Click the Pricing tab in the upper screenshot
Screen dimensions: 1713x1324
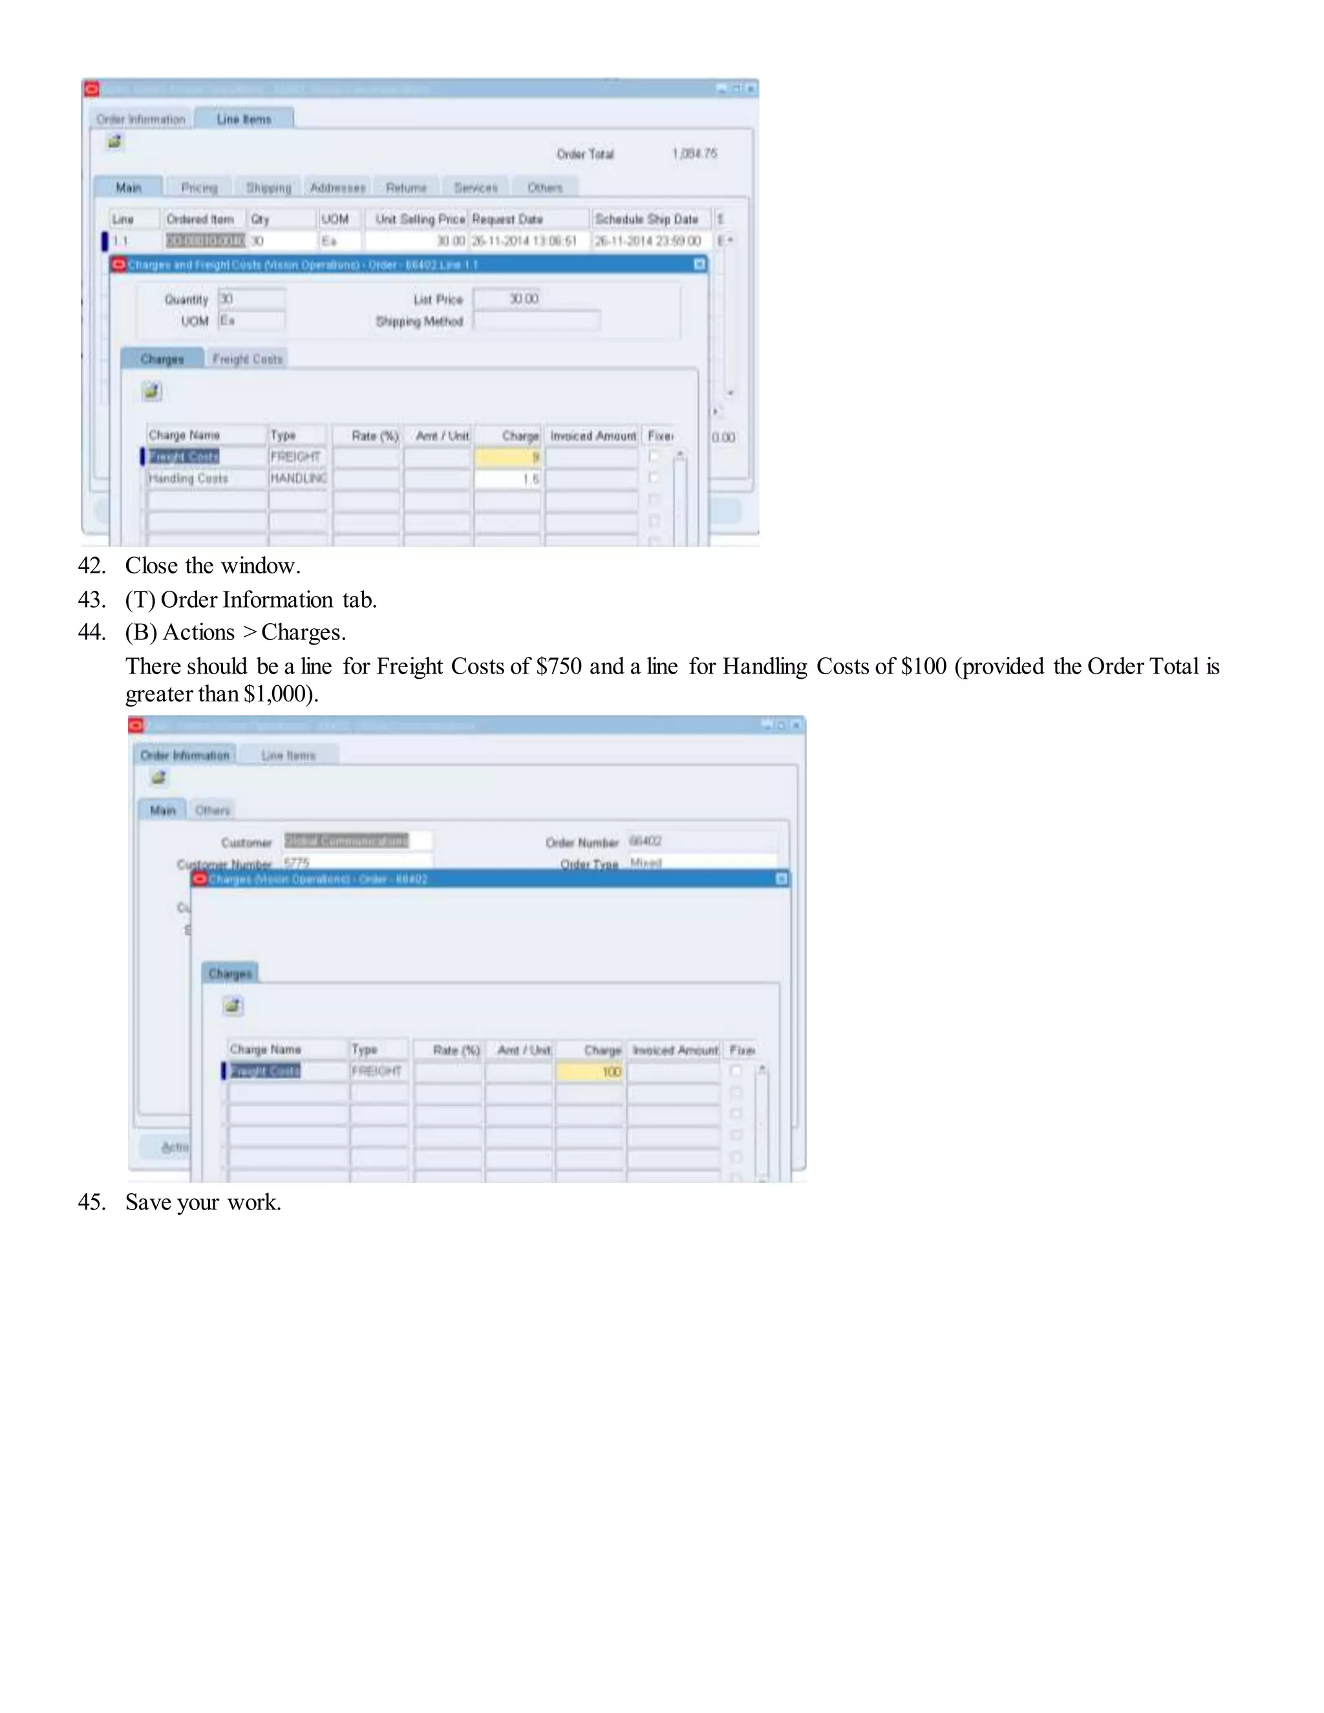tap(199, 187)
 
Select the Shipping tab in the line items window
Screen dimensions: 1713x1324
tap(268, 187)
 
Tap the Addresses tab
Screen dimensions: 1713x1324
tap(337, 187)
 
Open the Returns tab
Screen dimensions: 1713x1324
tap(406, 187)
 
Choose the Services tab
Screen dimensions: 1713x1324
tap(475, 187)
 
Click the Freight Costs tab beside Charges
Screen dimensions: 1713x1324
tap(247, 359)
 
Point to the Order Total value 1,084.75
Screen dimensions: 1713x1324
tap(694, 154)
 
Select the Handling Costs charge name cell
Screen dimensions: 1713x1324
tap(206, 478)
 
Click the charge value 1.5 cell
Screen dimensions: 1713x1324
tap(507, 478)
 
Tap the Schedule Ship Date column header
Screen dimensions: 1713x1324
tap(646, 219)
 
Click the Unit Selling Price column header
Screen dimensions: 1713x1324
tap(420, 219)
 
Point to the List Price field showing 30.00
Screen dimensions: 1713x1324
tap(523, 299)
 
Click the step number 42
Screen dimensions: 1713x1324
tap(91, 566)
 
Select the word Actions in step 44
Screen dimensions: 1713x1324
tap(198, 632)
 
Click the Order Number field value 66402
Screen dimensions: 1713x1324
tap(646, 841)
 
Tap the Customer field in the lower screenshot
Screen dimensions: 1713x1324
tap(357, 841)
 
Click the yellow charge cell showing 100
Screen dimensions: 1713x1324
tap(590, 1071)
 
